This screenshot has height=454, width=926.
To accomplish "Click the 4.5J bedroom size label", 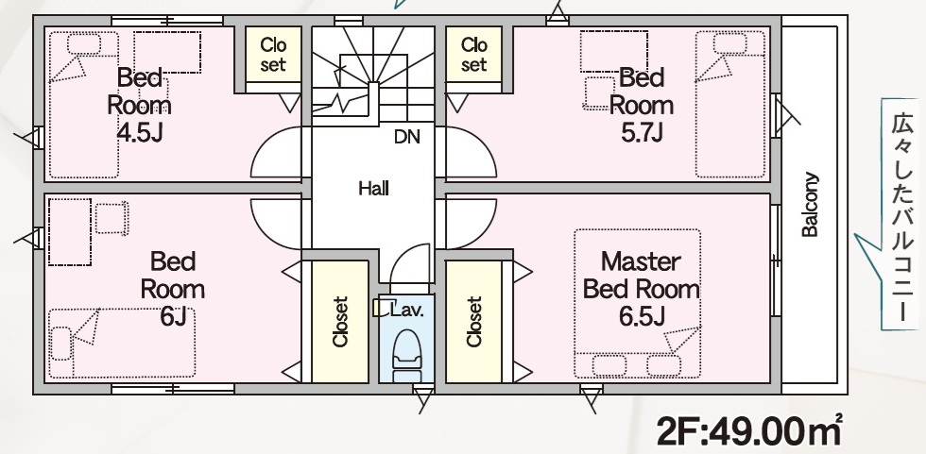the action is (140, 134).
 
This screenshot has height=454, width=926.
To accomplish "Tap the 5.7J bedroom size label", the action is (642, 133).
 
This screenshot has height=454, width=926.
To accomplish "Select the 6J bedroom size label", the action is (173, 316).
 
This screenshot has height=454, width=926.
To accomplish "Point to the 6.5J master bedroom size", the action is (642, 316).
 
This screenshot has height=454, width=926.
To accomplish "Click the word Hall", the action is (374, 190).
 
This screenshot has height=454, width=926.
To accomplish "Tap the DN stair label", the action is (407, 138).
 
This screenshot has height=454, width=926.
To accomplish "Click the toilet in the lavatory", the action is (406, 355).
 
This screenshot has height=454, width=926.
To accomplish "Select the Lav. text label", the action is (408, 311).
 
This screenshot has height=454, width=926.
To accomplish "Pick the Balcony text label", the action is (810, 205).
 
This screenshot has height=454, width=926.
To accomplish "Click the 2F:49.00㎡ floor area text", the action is (749, 431).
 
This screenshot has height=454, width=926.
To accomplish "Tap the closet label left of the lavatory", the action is (340, 321).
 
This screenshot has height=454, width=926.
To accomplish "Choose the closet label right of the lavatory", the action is (473, 321).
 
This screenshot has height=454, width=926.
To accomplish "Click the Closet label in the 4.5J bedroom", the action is (273, 54).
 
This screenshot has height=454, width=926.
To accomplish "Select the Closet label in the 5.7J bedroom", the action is (473, 54).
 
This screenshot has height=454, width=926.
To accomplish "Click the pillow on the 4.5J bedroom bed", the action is (83, 44).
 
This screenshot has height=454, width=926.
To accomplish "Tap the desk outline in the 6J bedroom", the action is (70, 231).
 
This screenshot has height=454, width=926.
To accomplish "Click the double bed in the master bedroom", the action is (637, 303).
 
